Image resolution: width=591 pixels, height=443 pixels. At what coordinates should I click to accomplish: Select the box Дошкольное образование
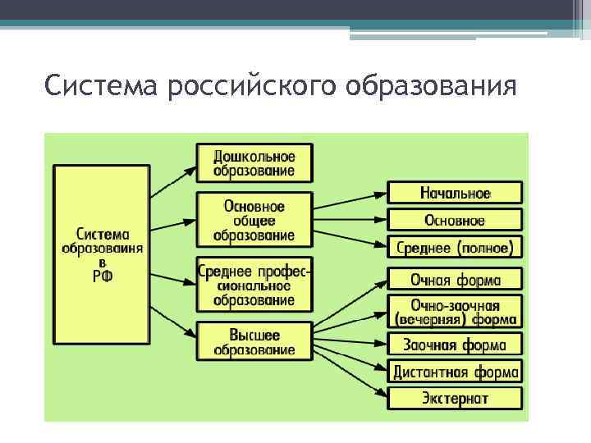pos(254,162)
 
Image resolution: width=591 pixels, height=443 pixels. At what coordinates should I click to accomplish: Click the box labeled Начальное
pos(455,194)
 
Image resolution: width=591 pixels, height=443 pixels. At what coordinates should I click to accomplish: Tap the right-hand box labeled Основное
pos(455,220)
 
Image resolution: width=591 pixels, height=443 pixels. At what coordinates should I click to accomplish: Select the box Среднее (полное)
pos(455,246)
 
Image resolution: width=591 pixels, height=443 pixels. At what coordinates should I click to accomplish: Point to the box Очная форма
pos(455,280)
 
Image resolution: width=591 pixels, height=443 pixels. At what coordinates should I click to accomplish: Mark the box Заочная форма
pos(455,344)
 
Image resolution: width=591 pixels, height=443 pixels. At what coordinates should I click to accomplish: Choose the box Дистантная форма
pos(455,372)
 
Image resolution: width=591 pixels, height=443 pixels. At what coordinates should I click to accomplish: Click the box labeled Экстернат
pos(455,399)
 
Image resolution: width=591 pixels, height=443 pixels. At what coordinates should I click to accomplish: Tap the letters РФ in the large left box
pos(103,277)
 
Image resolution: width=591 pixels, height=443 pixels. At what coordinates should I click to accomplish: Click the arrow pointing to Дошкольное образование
pos(173,180)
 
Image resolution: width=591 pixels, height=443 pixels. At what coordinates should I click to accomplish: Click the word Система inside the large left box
pos(103,232)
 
